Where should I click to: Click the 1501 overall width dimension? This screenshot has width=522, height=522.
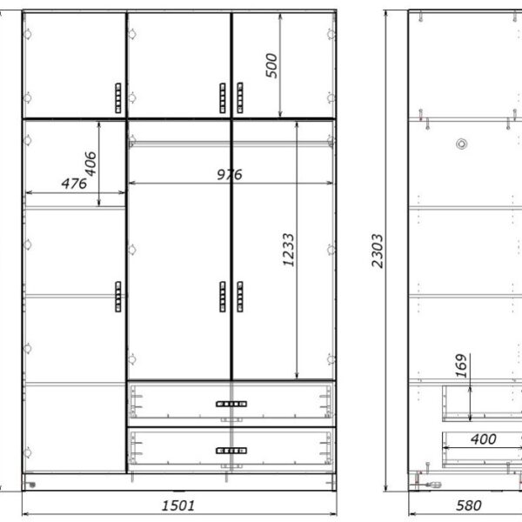(x=178, y=506)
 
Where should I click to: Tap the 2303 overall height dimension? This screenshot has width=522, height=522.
(x=378, y=251)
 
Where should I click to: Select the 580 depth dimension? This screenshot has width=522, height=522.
(x=468, y=506)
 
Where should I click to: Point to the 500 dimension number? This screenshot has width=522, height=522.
(x=271, y=65)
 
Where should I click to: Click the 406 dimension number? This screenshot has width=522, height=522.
(x=90, y=164)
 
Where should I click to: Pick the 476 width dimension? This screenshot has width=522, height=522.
(x=74, y=184)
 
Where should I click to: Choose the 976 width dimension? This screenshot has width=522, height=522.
(x=230, y=175)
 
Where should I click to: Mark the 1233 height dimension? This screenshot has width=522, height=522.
(x=288, y=250)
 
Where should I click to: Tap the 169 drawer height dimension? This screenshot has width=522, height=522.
(x=461, y=365)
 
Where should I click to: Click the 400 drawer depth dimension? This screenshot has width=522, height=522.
(x=484, y=439)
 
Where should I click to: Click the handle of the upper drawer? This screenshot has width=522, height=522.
(x=231, y=405)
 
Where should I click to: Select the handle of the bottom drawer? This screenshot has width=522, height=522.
(x=231, y=451)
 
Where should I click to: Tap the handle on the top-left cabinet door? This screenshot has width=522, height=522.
(x=118, y=97)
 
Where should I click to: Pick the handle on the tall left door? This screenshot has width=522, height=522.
(x=118, y=297)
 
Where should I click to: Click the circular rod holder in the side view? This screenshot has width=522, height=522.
(x=461, y=144)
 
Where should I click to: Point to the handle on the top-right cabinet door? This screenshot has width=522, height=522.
(x=240, y=97)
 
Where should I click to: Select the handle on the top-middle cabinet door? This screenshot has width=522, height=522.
(x=223, y=97)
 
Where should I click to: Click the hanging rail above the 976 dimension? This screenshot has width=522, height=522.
(x=231, y=144)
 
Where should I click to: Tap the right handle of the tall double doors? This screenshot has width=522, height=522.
(x=240, y=297)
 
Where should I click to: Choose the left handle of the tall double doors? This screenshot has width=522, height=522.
(x=223, y=297)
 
